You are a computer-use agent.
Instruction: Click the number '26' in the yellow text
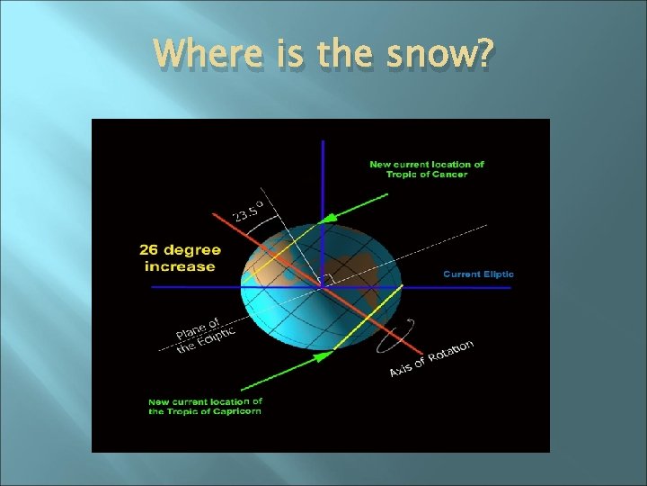tap(155, 250)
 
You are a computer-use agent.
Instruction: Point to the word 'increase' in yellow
tap(181, 266)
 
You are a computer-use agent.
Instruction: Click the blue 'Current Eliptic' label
tap(478, 274)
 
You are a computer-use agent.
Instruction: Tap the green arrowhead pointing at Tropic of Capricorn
tap(320, 356)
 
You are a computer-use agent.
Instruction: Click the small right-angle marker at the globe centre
tap(327, 279)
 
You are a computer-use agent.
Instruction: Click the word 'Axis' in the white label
tap(402, 371)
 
